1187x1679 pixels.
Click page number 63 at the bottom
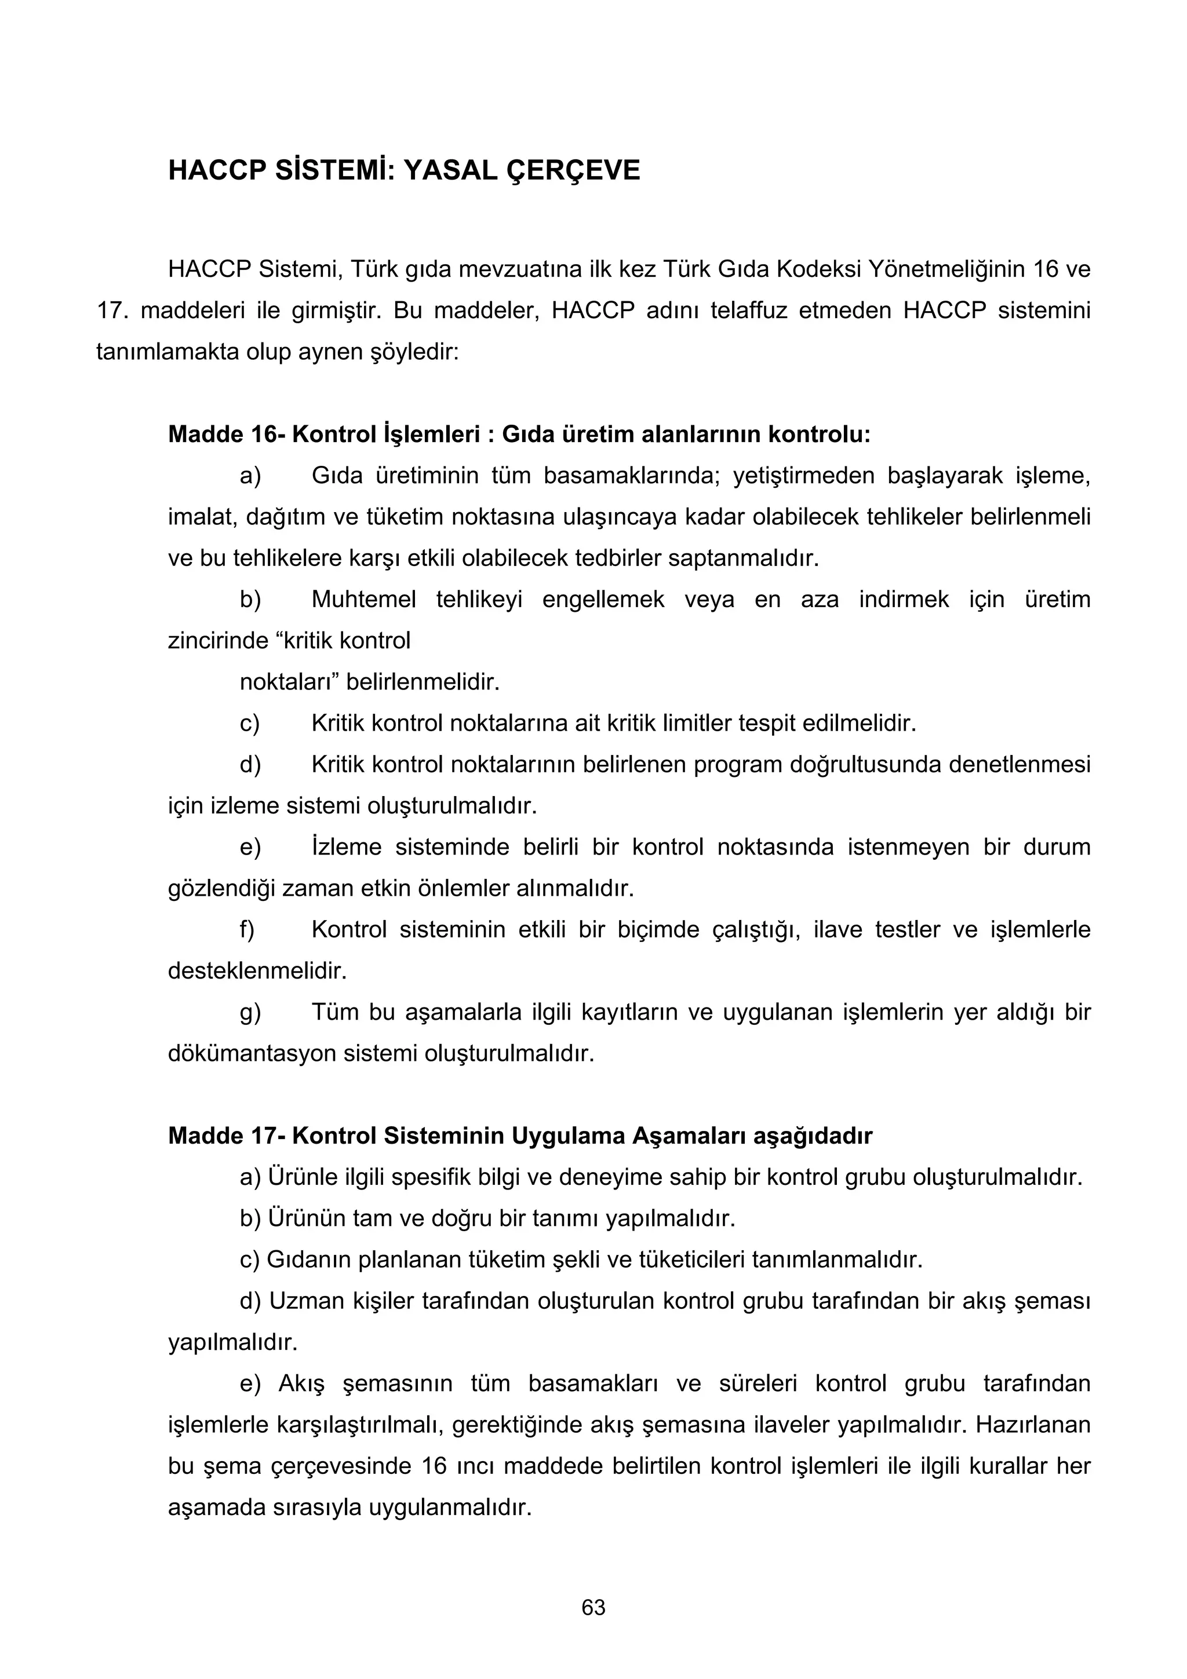[x=593, y=1607]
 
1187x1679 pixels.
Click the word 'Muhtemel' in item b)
[x=363, y=600]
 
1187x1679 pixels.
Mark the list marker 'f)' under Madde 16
[x=247, y=930]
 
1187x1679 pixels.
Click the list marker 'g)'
[x=249, y=1013]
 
